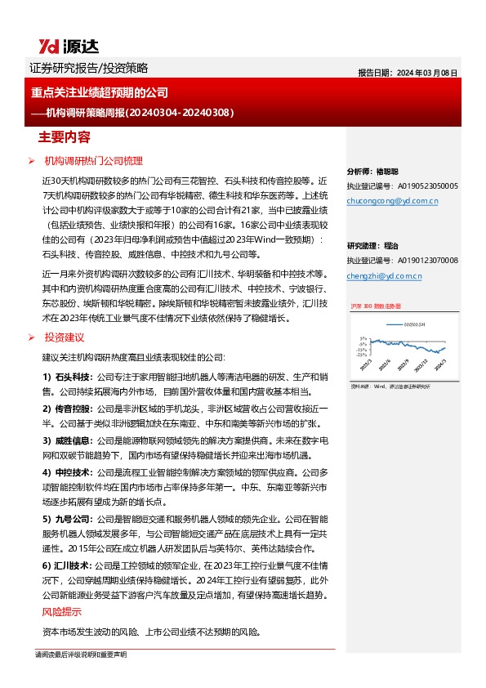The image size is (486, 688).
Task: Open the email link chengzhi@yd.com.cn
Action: [384, 276]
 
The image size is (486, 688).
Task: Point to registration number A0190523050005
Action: [423, 186]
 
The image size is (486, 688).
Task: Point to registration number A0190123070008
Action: [423, 261]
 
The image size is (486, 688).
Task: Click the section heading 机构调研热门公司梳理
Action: [93, 162]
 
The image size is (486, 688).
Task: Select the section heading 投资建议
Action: [65, 337]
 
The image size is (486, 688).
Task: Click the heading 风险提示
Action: [61, 612]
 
